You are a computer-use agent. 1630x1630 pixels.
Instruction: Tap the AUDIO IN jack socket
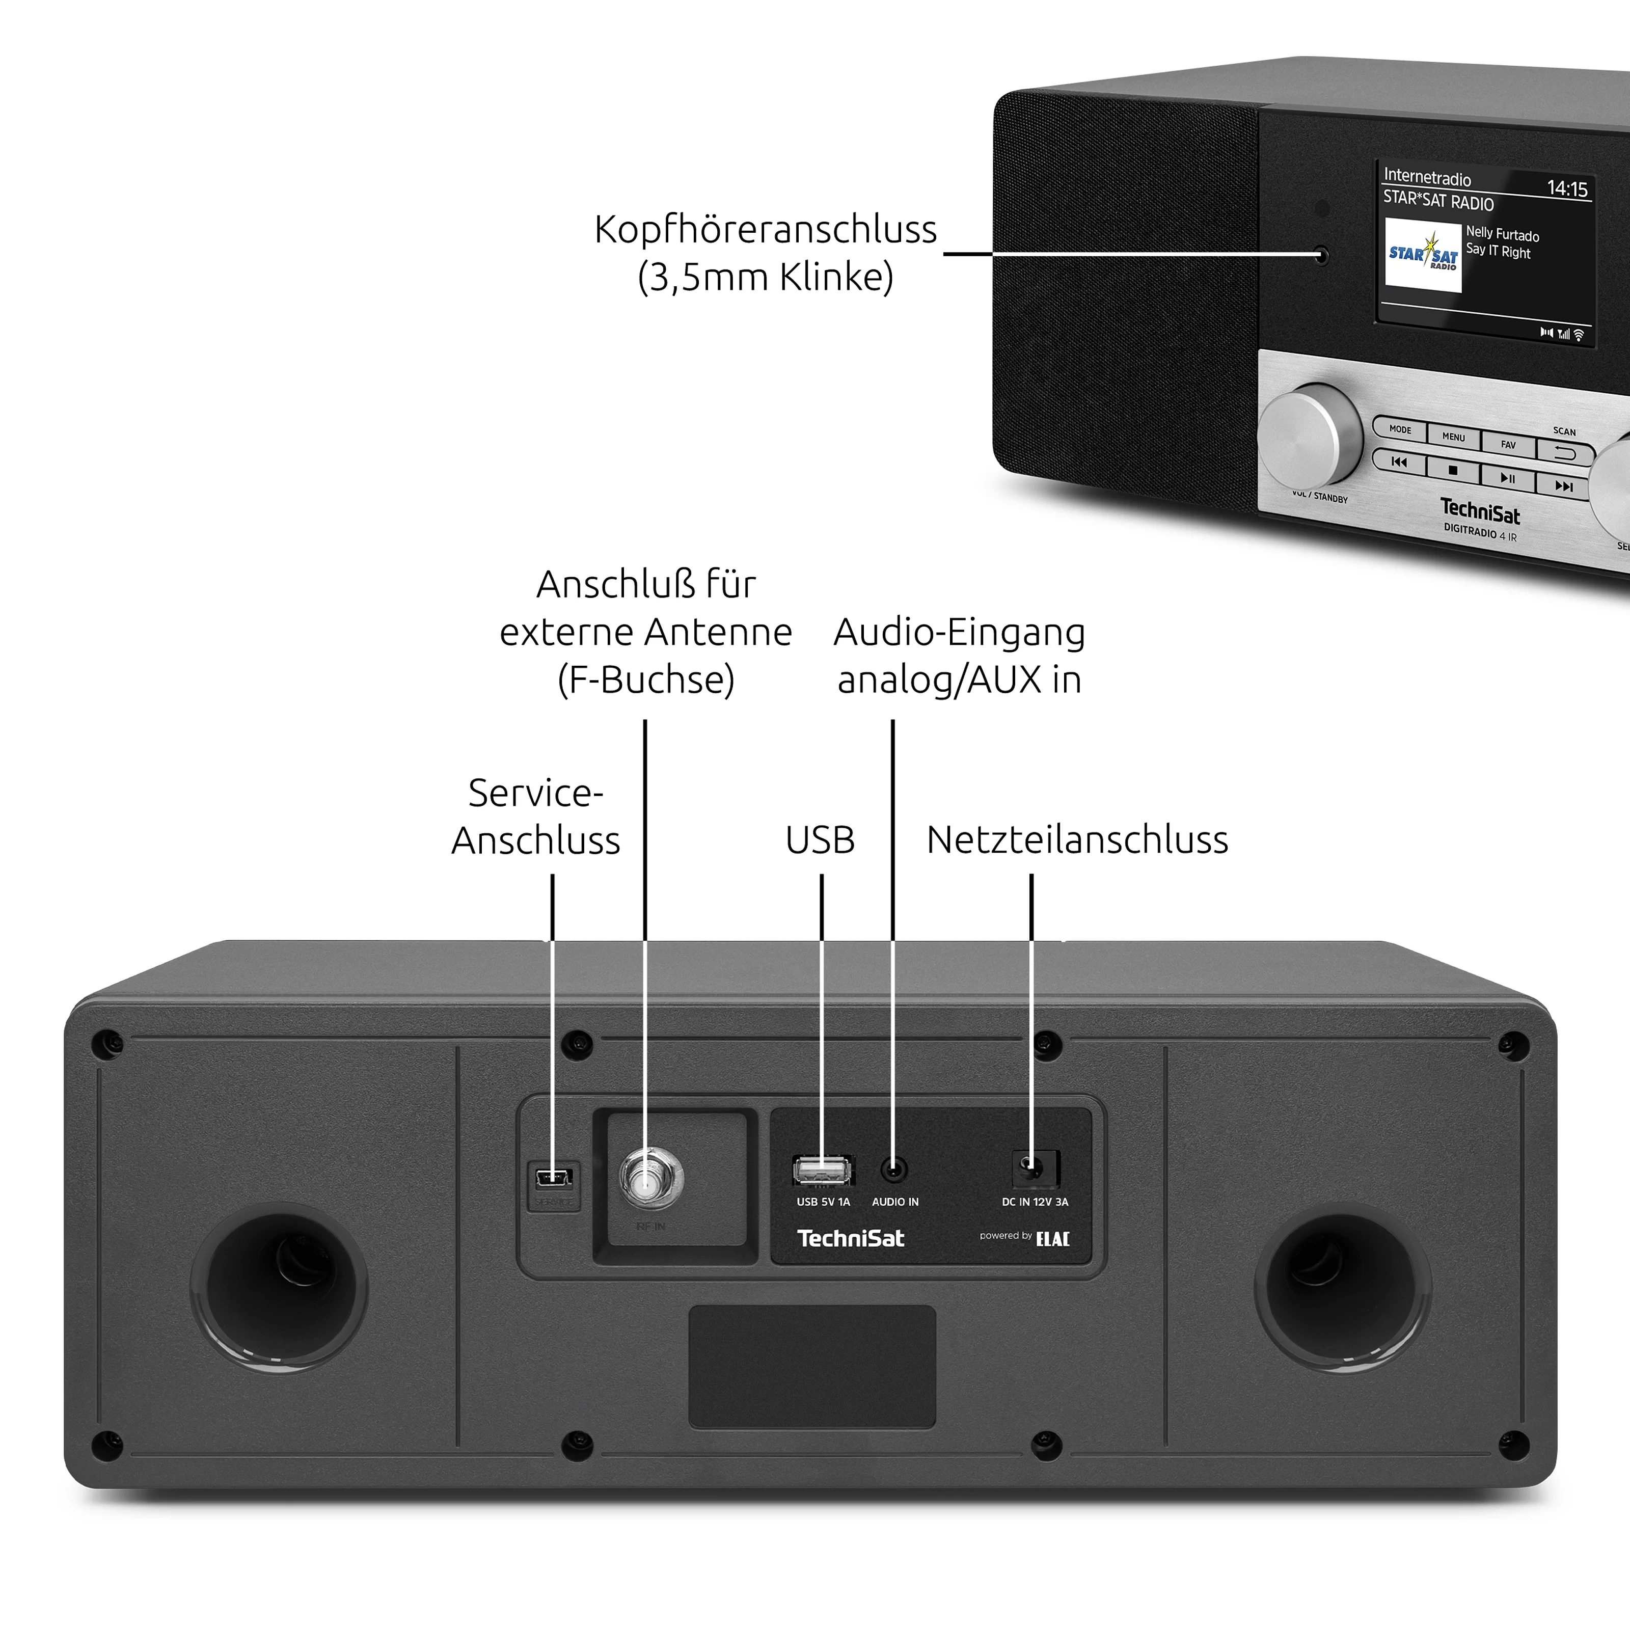pos(893,1170)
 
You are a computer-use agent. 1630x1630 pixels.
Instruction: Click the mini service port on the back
pos(554,1177)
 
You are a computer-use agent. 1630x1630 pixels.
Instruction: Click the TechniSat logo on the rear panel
pos(851,1238)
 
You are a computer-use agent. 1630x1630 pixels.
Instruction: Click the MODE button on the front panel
pos(1400,429)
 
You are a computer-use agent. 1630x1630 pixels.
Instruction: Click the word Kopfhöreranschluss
pos(765,230)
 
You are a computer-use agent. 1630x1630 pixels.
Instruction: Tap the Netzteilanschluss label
pos(1077,840)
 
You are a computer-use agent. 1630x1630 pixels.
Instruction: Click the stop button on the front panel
pos(1453,470)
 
